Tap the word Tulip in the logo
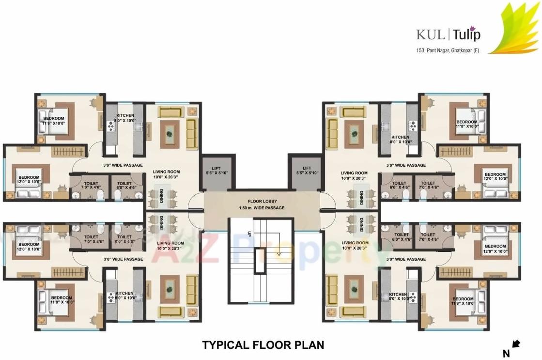pos(466,35)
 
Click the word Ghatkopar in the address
pos(461,50)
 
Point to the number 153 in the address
pos(420,50)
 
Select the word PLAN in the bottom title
pos(309,345)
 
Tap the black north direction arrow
pos(516,344)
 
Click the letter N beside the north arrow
pos(506,354)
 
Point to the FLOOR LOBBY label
pos(263,201)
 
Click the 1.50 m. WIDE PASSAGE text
pos(262,208)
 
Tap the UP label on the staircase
pos(249,233)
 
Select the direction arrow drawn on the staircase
pos(279,251)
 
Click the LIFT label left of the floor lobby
pos(216,169)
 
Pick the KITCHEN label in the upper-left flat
pos(124,116)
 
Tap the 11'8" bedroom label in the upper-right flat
pos(466,122)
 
